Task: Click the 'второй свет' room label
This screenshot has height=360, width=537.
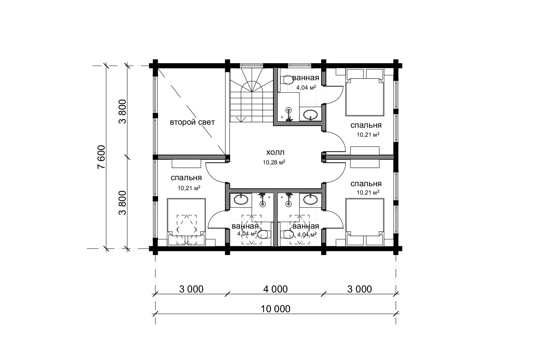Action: click(x=192, y=122)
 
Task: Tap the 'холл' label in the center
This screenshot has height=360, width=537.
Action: click(x=275, y=152)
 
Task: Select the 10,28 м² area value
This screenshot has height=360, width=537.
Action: click(x=274, y=162)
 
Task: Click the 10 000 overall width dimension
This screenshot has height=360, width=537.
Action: click(x=275, y=309)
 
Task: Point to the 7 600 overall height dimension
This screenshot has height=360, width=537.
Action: click(x=101, y=157)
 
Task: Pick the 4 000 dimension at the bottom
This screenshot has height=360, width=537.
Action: click(x=275, y=289)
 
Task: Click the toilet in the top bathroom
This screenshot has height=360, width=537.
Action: click(x=286, y=80)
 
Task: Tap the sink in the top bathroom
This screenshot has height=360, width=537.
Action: click(x=310, y=115)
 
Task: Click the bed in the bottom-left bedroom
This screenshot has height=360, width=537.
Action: click(x=186, y=222)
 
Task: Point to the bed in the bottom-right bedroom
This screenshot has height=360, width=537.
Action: click(x=365, y=222)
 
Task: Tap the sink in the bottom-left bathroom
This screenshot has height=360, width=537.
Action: click(x=241, y=200)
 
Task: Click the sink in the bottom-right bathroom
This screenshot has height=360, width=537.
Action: click(x=310, y=200)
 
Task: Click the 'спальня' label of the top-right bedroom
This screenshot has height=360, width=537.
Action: click(x=366, y=125)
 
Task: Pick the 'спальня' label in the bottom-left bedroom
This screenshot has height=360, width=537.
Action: click(x=186, y=178)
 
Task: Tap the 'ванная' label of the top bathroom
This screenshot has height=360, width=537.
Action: click(x=306, y=78)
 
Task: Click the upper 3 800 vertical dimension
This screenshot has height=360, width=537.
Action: click(x=123, y=111)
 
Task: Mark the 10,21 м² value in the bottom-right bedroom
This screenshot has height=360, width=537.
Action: click(x=368, y=192)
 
